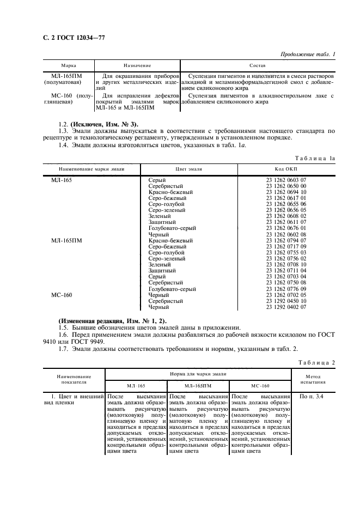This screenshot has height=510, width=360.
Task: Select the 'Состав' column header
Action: (257, 65)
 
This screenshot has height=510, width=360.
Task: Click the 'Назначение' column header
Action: (137, 65)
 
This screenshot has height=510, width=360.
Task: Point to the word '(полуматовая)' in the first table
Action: (62, 82)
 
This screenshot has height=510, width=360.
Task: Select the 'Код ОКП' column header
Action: (286, 169)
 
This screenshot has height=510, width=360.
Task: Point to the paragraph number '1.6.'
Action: (64, 336)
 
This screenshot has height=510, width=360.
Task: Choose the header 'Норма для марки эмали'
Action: (198, 374)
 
